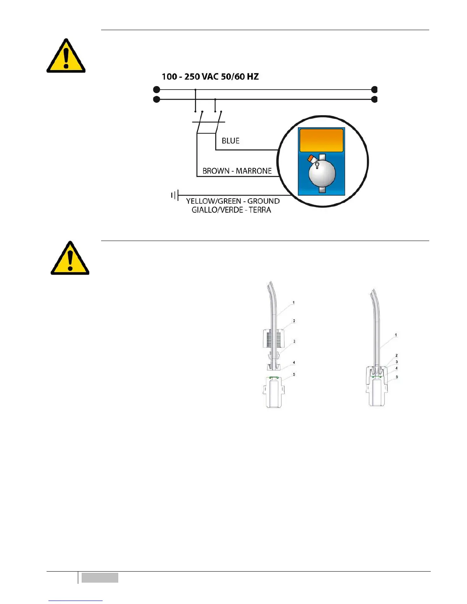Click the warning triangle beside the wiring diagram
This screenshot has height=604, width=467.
(x=66, y=57)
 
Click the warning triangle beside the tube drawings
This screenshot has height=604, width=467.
(x=70, y=259)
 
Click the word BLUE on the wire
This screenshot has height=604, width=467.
(x=230, y=141)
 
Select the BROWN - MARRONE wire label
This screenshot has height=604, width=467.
(x=237, y=171)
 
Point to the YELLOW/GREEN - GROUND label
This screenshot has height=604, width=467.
(x=233, y=201)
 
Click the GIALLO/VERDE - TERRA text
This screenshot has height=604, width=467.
(x=231, y=210)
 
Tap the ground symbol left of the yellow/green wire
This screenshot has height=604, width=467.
(x=174, y=196)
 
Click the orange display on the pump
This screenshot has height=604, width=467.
(x=321, y=140)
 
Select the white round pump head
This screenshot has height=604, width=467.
(x=322, y=173)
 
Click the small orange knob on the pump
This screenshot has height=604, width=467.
(x=311, y=158)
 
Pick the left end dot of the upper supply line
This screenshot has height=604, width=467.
(x=156, y=90)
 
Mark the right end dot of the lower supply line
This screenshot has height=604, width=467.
(x=375, y=100)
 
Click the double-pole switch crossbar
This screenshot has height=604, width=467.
(x=208, y=122)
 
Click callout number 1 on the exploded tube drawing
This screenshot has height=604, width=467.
(x=293, y=303)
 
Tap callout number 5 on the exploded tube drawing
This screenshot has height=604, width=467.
(x=294, y=374)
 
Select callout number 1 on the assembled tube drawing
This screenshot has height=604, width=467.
(x=396, y=335)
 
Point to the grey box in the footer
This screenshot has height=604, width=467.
(x=100, y=578)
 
